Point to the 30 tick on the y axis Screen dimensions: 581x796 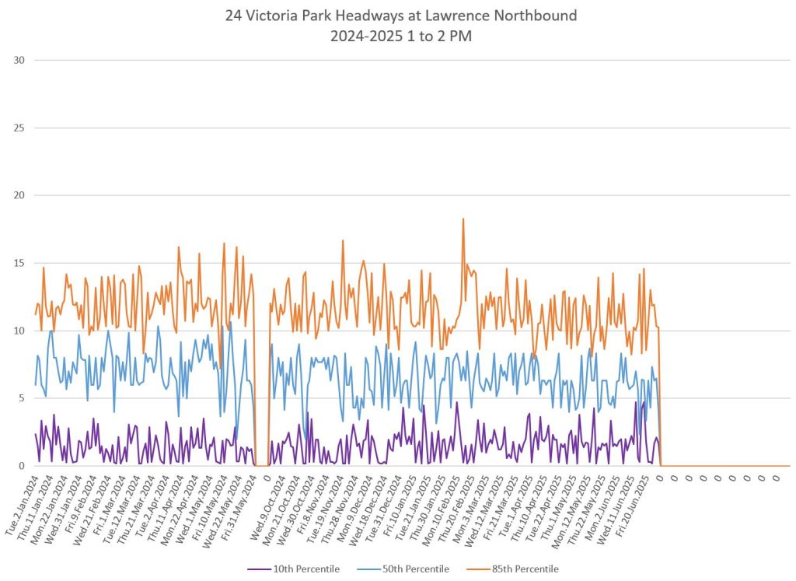click(x=17, y=60)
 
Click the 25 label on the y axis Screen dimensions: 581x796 click(x=17, y=128)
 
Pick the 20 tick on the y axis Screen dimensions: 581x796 click(x=17, y=195)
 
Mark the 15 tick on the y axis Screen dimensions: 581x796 click(x=17, y=263)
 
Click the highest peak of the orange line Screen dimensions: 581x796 click(x=463, y=219)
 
